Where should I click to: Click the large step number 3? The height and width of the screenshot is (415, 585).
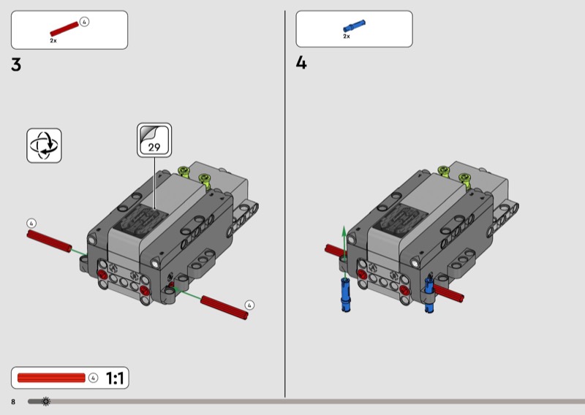[x=16, y=65]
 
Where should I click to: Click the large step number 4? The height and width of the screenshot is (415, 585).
[x=301, y=63]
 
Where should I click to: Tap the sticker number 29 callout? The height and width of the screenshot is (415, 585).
[x=154, y=140]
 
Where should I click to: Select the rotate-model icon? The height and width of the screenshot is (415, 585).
[x=44, y=145]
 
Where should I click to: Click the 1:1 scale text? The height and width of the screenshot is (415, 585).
[x=115, y=378]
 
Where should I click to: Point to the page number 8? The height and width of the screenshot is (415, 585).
[x=13, y=402]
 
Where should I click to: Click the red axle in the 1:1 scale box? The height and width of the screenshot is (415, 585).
[x=51, y=378]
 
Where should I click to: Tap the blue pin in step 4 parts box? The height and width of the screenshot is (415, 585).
[x=354, y=26]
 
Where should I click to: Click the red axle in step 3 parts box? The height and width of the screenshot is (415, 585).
[x=64, y=28]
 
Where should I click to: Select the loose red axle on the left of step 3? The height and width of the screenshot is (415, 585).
[x=49, y=241]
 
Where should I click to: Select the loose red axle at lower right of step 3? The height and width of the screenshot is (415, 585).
[x=224, y=308]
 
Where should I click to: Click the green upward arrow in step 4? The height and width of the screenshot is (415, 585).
[x=344, y=251]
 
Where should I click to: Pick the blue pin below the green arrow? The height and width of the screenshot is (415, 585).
[x=346, y=294]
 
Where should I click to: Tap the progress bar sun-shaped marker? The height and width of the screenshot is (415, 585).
[x=46, y=401]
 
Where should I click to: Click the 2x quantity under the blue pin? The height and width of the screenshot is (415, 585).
[x=347, y=37]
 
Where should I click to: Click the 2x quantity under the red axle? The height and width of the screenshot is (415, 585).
[x=53, y=40]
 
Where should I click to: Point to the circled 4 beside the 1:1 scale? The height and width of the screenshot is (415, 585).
[x=94, y=378]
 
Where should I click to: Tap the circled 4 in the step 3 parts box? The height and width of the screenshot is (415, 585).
[x=84, y=22]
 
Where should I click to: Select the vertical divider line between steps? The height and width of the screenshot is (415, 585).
[x=285, y=204]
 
